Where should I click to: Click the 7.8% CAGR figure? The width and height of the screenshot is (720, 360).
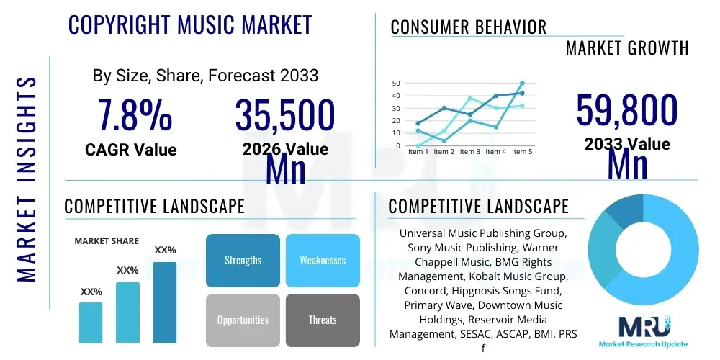pyautogui.click(x=135, y=116)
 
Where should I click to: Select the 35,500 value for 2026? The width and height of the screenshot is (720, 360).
pyautogui.click(x=285, y=116)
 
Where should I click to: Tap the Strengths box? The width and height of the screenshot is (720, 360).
pyautogui.click(x=243, y=260)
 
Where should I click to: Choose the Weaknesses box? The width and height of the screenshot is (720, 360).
pyautogui.click(x=323, y=260)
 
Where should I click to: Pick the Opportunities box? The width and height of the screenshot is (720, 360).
pyautogui.click(x=243, y=320)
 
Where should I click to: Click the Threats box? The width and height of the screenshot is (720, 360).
pyautogui.click(x=323, y=320)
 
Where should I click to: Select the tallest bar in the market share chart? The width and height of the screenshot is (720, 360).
pyautogui.click(x=165, y=302)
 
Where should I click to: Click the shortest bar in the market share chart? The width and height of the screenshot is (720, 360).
pyautogui.click(x=91, y=322)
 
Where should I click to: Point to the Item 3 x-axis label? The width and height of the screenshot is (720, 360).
pyautogui.click(x=469, y=152)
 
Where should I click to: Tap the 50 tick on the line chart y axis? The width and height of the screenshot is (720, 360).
pyautogui.click(x=396, y=84)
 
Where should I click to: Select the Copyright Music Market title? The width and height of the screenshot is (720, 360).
pyautogui.click(x=190, y=24)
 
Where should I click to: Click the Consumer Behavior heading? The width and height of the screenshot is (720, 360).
pyautogui.click(x=468, y=27)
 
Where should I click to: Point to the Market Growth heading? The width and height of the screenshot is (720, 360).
pyautogui.click(x=627, y=48)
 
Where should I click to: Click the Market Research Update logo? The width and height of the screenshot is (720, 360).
pyautogui.click(x=644, y=332)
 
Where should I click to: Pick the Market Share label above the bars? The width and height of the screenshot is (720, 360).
pyautogui.click(x=107, y=241)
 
